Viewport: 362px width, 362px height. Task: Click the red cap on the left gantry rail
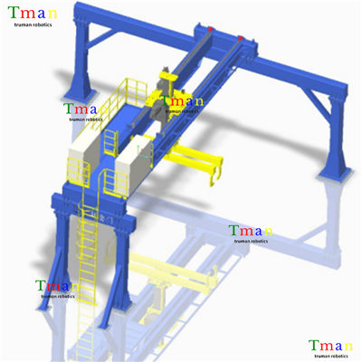pyautogui.click(x=210, y=29)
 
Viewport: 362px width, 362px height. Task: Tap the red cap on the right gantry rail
pyautogui.click(x=240, y=38)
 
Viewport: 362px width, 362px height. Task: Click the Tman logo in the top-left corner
pyautogui.click(x=33, y=16)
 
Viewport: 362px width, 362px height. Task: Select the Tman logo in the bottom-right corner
pyautogui.click(x=330, y=349)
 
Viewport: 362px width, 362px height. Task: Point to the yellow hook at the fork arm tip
pyautogui.click(x=214, y=176)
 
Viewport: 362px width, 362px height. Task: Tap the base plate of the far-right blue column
pyautogui.click(x=334, y=176)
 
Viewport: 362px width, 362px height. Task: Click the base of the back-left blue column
pyautogui.click(x=79, y=96)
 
